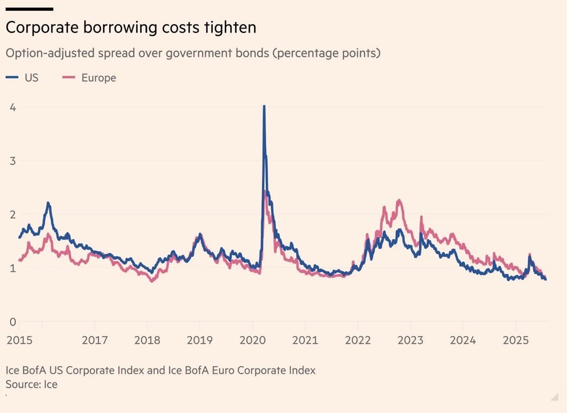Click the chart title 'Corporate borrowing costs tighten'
click(x=131, y=28)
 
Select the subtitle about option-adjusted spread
click(x=193, y=53)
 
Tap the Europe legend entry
click(x=89, y=78)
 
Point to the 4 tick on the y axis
click(x=13, y=107)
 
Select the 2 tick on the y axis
click(x=13, y=214)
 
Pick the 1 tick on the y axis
click(x=13, y=268)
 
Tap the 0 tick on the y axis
click(x=13, y=321)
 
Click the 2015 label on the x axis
click(x=19, y=340)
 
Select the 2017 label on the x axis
click(x=94, y=340)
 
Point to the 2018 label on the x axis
click(x=147, y=340)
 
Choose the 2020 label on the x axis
click(x=253, y=340)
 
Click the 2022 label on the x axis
click(x=358, y=340)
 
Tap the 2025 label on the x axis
click(x=515, y=340)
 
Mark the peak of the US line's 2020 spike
click(x=264, y=107)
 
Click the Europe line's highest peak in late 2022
click(x=399, y=201)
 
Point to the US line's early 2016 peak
click(x=48, y=203)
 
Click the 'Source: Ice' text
click(x=31, y=385)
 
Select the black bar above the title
click(x=29, y=9)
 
